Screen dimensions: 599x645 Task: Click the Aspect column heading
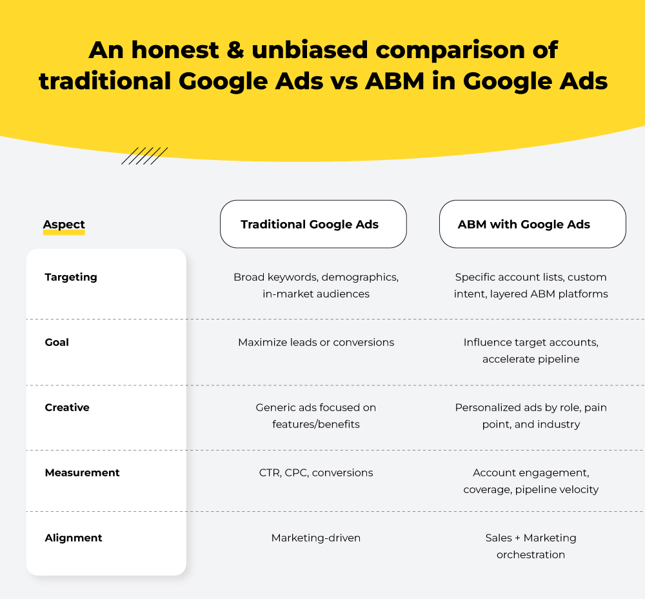(x=64, y=225)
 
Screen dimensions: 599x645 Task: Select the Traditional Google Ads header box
(x=313, y=224)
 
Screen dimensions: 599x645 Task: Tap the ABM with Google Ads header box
(x=532, y=224)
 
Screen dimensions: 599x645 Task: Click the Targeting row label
(x=71, y=277)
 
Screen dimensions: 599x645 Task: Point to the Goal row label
(x=57, y=342)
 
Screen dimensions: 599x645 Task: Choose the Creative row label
(x=67, y=407)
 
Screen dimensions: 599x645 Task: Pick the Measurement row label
(x=82, y=472)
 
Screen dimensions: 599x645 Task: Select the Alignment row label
(x=74, y=538)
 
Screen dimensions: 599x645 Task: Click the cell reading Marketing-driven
(x=315, y=538)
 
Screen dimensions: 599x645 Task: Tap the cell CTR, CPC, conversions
(x=315, y=472)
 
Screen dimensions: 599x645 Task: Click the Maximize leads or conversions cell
(x=315, y=342)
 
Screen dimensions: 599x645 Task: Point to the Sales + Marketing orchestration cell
(x=531, y=546)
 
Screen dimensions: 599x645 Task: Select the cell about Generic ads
(x=315, y=416)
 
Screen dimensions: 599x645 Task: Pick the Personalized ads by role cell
(x=531, y=416)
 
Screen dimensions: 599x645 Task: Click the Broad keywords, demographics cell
(x=315, y=285)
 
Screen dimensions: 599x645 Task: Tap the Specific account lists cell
(x=531, y=285)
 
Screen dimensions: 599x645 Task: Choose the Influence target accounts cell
(x=531, y=350)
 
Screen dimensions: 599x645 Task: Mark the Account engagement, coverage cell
(x=531, y=481)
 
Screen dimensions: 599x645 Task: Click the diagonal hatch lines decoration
(x=144, y=156)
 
